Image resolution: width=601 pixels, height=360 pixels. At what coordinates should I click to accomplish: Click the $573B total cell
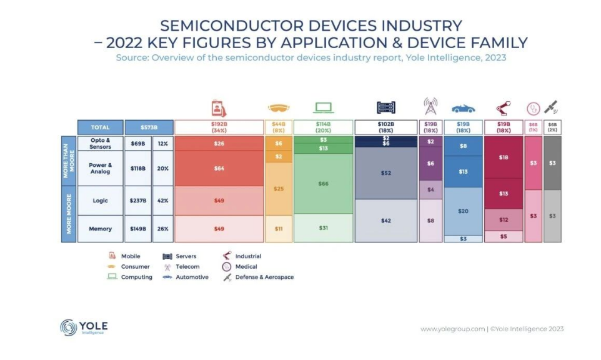(141, 127)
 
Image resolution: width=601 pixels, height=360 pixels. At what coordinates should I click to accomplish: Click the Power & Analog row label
(100, 168)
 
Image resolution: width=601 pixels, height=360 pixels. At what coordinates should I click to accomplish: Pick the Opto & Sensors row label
(100, 144)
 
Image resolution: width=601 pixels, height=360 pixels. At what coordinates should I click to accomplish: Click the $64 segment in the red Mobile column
(219, 168)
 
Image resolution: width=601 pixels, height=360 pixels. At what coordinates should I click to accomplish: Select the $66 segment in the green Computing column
(323, 183)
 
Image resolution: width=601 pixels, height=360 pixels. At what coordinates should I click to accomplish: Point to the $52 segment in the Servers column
(385, 173)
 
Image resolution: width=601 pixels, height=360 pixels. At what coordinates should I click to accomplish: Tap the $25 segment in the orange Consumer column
(279, 188)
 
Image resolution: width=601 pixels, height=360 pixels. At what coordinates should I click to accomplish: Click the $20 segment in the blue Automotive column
(463, 211)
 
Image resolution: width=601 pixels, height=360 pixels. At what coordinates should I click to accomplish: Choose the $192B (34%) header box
(219, 127)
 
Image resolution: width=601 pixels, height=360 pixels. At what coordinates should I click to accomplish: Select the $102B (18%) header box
(385, 127)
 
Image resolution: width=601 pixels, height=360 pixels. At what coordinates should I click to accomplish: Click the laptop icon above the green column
(323, 107)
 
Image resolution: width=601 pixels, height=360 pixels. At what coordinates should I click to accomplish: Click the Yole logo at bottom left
(84, 327)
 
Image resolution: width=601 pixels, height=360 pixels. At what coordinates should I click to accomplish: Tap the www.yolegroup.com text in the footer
(452, 329)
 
